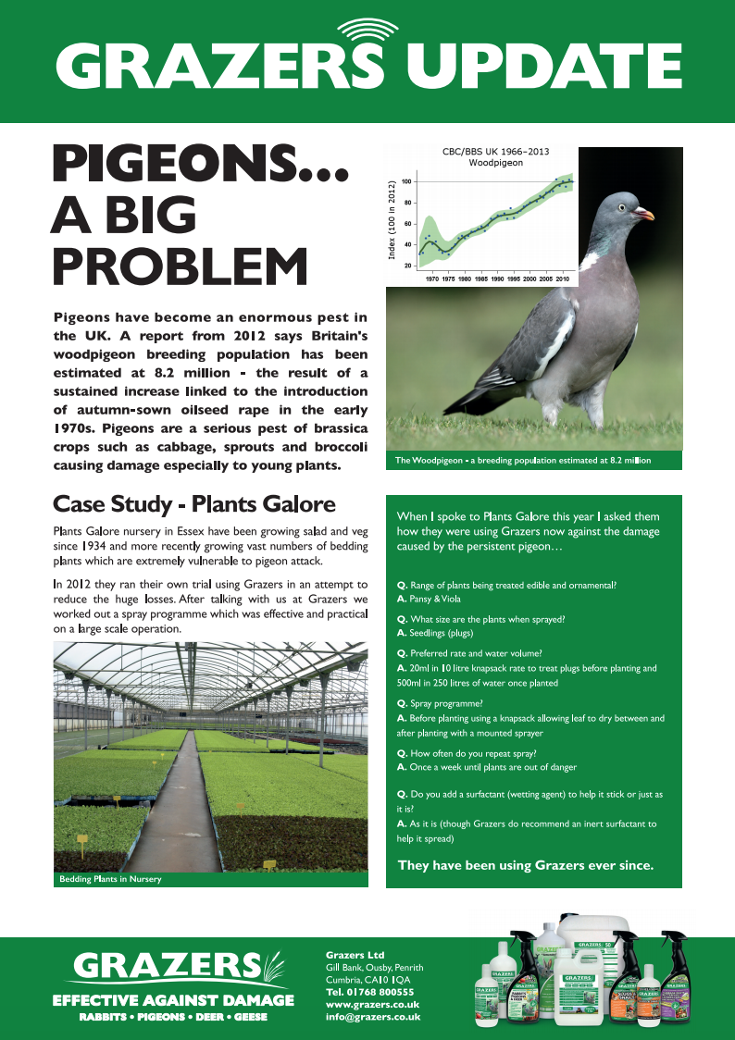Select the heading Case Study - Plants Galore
pos(193,504)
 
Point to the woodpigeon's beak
pos(645,215)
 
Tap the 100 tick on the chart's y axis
pos(405,182)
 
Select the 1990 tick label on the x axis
pos(497,278)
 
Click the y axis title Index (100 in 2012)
pos(392,220)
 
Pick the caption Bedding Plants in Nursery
pos(110,879)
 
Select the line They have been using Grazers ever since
pos(525,866)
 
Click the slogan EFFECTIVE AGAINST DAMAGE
pos(173,1000)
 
